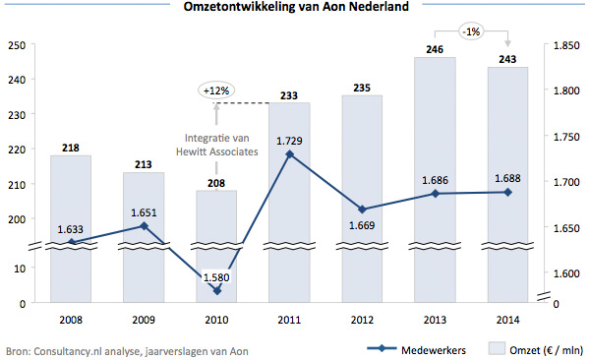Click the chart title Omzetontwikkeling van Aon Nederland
coord(294,9)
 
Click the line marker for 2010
coord(216,290)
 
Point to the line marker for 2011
coord(289,153)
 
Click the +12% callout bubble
coord(216,90)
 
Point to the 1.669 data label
coord(362,225)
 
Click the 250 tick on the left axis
coord(16,45)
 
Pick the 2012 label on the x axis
coord(362,320)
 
